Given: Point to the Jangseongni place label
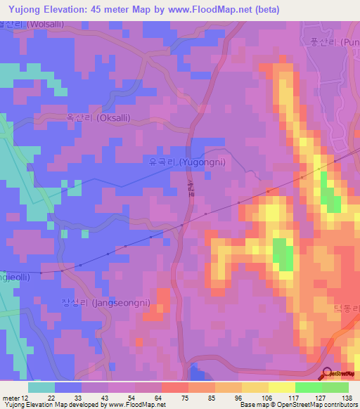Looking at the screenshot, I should tap(105, 303).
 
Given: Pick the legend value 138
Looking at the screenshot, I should tap(347, 398).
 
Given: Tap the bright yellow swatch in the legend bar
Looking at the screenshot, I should tap(281, 387).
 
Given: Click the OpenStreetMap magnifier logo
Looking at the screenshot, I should tap(328, 373).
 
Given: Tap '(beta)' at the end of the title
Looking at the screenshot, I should tap(267, 10).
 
